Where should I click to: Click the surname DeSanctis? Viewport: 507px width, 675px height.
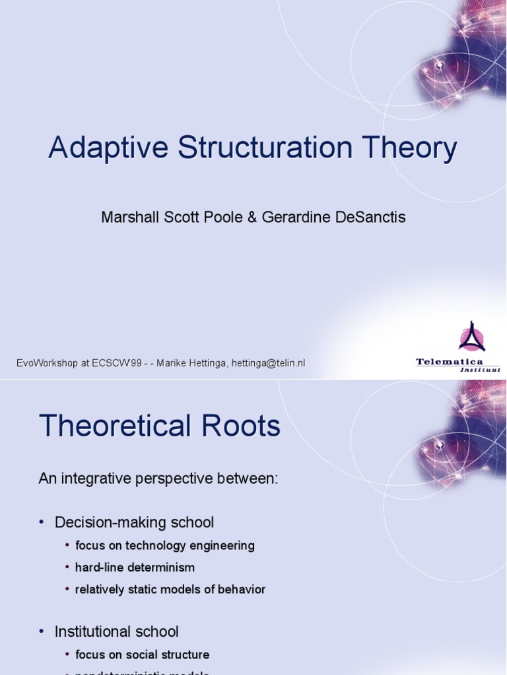tap(368, 217)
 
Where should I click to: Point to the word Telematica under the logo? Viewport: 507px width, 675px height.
tap(449, 361)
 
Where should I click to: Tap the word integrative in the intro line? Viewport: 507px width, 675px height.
tap(96, 479)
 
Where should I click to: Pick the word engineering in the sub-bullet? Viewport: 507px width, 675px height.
tap(221, 546)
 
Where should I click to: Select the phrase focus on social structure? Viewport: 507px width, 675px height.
tap(142, 655)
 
